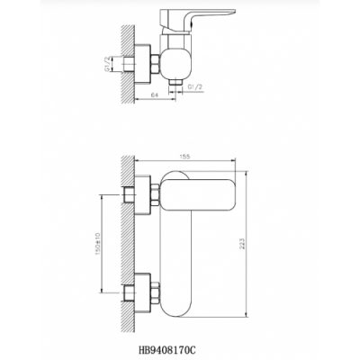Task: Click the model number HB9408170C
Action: (x=168, y=349)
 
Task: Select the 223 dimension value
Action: (x=242, y=244)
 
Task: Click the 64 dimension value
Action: (x=154, y=95)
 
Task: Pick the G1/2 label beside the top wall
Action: (x=107, y=64)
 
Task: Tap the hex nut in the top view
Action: (x=155, y=64)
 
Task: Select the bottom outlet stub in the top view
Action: (x=175, y=82)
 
